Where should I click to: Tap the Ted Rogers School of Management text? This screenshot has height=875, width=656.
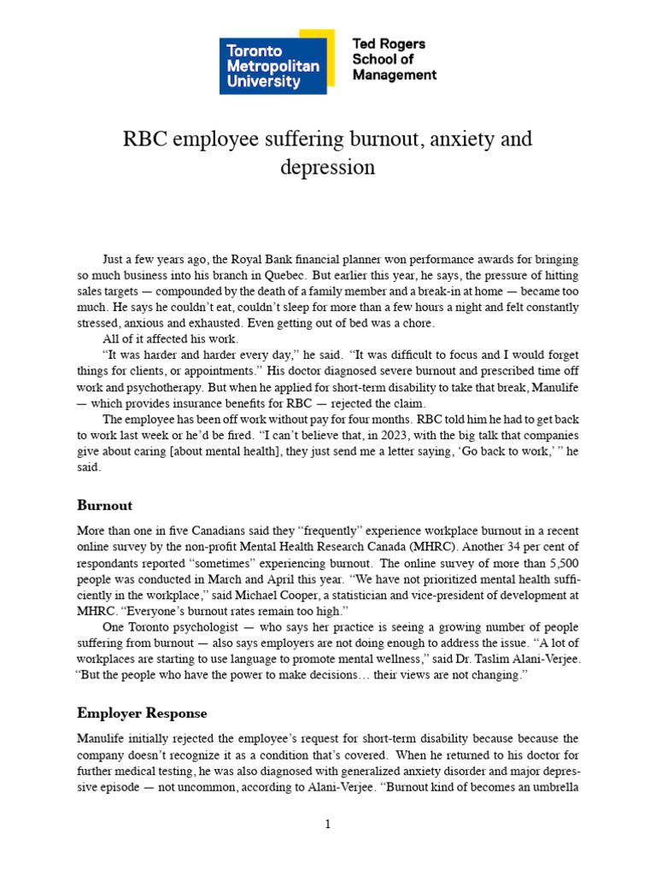(x=394, y=59)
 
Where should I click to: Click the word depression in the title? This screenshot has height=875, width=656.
(x=328, y=167)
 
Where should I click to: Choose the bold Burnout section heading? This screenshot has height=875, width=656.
(x=104, y=505)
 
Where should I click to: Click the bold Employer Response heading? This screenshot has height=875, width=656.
(x=142, y=713)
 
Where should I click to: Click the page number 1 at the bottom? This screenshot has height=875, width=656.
(x=328, y=824)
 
